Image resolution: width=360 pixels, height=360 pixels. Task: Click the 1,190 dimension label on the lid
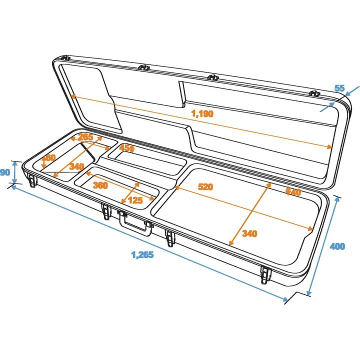click(x=201, y=113)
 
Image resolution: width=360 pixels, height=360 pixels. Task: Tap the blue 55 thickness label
click(x=339, y=88)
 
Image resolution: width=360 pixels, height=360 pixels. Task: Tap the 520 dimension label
click(x=205, y=187)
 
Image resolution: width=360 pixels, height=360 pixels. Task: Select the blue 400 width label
click(x=338, y=246)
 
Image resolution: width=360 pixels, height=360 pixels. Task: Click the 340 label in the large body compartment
click(x=249, y=233)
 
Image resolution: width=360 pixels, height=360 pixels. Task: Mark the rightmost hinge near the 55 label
click(x=314, y=93)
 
